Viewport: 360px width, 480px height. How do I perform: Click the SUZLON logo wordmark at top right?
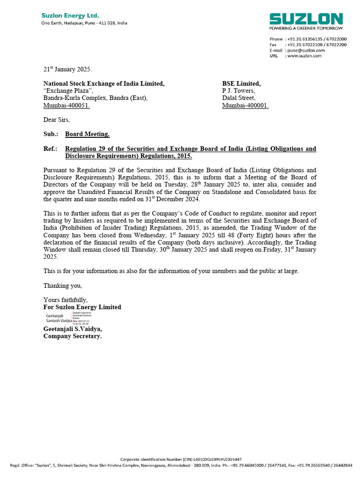tap(306, 19)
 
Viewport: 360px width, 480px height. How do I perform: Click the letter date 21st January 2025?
tap(64, 69)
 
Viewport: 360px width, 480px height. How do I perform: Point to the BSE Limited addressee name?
tap(241, 83)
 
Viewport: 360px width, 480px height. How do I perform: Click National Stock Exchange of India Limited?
tap(104, 83)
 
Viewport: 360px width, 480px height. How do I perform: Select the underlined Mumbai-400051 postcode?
tap(67, 105)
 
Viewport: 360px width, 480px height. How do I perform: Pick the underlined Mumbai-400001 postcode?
tap(245, 105)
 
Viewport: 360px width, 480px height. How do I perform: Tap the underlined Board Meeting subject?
tap(87, 134)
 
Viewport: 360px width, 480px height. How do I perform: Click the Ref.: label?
tap(51, 149)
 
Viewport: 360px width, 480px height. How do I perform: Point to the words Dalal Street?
tap(239, 98)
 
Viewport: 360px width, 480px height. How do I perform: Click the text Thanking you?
tap(63, 285)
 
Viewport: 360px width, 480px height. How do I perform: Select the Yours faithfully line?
tap(66, 300)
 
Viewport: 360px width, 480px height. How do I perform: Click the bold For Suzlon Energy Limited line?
tap(82, 307)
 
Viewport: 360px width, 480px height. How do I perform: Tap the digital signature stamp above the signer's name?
tap(66, 318)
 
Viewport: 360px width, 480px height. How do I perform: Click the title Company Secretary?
tap(73, 336)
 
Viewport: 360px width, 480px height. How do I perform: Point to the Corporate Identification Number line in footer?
tap(181, 459)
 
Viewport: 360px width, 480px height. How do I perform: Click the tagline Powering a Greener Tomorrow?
tap(306, 28)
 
